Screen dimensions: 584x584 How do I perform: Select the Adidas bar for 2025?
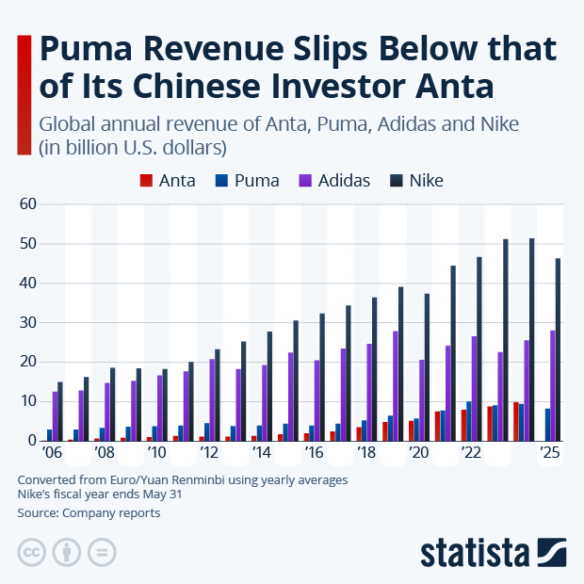[x=553, y=385]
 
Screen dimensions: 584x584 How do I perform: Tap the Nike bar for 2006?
[x=61, y=412]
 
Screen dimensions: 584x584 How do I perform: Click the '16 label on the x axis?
[x=313, y=453]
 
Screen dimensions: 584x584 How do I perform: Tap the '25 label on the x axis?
[x=549, y=453]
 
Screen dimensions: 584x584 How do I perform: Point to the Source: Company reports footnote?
[x=89, y=513]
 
